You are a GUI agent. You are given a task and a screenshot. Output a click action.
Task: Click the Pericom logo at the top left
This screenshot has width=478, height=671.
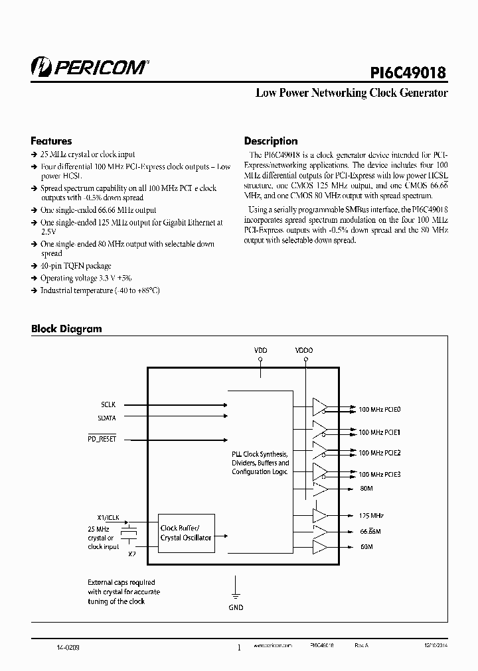(x=90, y=66)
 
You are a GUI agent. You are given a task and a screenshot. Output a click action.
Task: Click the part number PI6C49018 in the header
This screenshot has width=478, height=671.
(x=407, y=71)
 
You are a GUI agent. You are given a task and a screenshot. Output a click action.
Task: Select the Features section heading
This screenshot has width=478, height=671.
(x=51, y=141)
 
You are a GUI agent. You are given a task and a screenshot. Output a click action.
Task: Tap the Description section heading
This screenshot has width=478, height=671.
(x=271, y=141)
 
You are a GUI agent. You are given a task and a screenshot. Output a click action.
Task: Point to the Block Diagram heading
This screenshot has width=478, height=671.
(x=66, y=329)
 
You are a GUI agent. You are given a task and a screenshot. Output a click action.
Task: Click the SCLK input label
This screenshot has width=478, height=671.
(x=108, y=404)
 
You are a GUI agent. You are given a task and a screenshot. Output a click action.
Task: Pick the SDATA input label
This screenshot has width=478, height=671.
(x=106, y=417)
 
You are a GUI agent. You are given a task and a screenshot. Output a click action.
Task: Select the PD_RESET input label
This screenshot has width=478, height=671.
(x=102, y=440)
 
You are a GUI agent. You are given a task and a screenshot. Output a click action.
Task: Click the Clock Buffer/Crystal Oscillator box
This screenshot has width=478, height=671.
(x=186, y=532)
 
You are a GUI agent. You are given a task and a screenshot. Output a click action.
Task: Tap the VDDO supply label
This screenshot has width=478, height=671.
(x=305, y=349)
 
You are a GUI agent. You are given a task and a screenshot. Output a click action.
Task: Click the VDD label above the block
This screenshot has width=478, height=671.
(x=260, y=349)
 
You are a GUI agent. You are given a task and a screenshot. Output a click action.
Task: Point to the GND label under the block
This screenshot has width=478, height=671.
(x=236, y=607)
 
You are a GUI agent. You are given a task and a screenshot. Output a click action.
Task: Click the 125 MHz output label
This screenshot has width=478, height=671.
(x=370, y=515)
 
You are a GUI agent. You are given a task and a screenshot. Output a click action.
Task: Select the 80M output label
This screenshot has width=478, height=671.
(x=365, y=489)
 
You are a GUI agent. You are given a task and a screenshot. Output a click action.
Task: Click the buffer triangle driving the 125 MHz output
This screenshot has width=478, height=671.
(x=320, y=515)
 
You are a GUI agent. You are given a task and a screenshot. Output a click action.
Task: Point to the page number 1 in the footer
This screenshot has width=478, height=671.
(x=239, y=648)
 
